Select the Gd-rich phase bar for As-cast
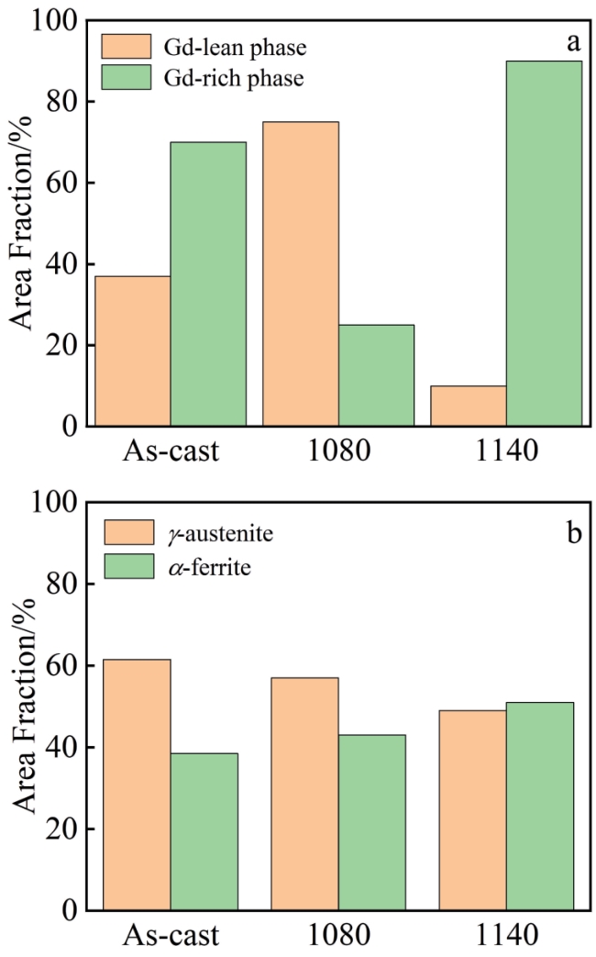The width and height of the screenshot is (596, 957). click(208, 284)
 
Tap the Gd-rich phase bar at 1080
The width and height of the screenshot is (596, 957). click(376, 375)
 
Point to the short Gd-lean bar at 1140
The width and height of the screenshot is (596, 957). click(469, 406)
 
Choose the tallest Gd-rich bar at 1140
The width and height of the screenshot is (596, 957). click(545, 243)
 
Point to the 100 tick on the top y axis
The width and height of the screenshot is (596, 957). click(52, 20)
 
